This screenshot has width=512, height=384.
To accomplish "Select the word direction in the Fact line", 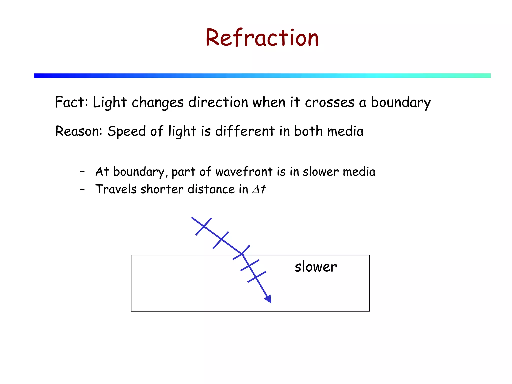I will pos(218,102).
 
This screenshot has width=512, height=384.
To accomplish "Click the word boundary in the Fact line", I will pos(401,103).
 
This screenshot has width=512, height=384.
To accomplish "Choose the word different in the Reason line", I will pos(245,131).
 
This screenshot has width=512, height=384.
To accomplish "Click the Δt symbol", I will pos(259,189).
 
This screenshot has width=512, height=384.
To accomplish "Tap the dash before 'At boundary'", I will pos(82,172).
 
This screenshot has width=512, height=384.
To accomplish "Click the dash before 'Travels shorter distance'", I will pos(82,189).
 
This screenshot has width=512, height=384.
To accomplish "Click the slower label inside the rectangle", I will pos(315,267).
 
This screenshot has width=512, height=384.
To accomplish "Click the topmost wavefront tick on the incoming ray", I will pos(204,226).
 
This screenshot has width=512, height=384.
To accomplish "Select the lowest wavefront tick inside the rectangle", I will pos(257,277).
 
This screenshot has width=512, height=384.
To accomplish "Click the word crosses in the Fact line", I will pos(329,103).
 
